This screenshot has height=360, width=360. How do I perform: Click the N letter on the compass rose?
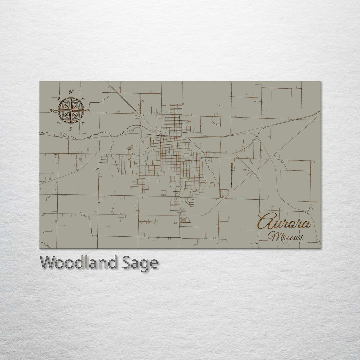(71, 92)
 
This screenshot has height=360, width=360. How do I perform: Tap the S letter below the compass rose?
(71, 129)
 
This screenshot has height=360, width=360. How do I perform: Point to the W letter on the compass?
(53, 110)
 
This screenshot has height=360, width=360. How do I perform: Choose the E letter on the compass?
(88, 110)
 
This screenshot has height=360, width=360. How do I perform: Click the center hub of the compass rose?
(71, 110)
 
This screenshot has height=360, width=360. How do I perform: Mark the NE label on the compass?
(83, 99)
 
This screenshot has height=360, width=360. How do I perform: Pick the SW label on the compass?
(59, 122)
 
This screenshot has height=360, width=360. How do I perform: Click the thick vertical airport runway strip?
(231, 175)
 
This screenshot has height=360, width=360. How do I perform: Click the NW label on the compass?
(59, 99)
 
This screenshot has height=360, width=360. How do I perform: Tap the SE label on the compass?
(83, 122)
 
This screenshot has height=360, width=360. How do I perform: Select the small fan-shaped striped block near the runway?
(224, 193)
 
